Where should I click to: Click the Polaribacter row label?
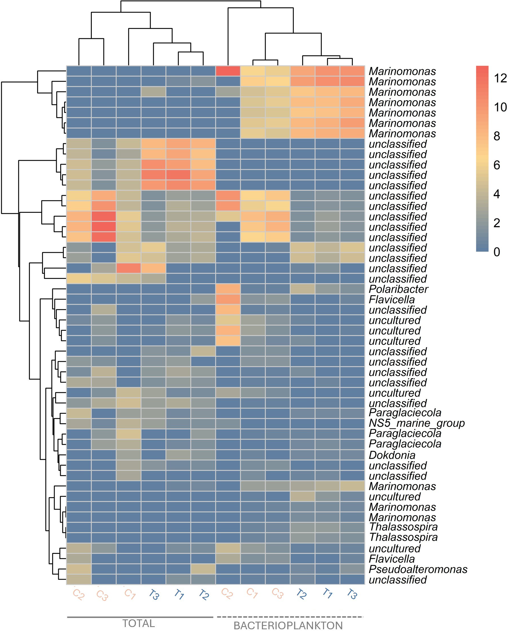(398, 289)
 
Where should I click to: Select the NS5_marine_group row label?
(416, 423)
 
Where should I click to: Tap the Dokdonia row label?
(392, 455)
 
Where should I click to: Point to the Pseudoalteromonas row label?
(418, 569)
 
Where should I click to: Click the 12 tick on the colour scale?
(500, 78)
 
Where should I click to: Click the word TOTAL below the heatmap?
(138, 623)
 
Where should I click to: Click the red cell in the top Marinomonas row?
(228, 71)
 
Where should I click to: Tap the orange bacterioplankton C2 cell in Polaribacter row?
(228, 289)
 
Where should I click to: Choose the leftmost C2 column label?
(79, 595)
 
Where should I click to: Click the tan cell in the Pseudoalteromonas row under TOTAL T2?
(203, 569)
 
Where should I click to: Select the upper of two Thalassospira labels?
(403, 527)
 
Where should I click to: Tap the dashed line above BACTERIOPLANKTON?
(290, 617)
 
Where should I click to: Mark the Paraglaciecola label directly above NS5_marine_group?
(405, 413)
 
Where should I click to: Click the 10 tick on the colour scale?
(500, 107)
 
